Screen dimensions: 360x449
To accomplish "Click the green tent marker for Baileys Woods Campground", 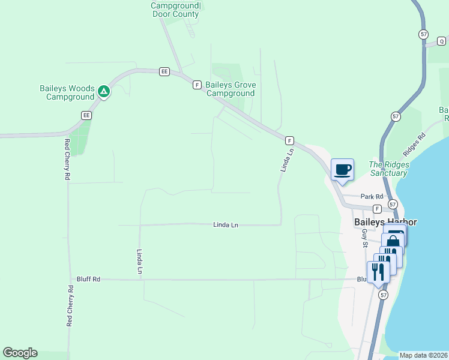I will coord(104,92).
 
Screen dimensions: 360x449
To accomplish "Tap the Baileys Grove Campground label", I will coord(231,89).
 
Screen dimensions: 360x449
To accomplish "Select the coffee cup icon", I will coord(342,169).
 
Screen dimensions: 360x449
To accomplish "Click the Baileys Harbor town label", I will coord(385,222).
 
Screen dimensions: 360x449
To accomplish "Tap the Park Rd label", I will coord(372,196).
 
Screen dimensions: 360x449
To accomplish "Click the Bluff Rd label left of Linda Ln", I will coord(88,279).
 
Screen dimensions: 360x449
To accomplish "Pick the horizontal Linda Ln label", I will coord(226,225).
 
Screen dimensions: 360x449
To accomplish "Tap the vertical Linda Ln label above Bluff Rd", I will coord(139,262).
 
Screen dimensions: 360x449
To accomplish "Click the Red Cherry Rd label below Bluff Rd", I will coord(70,306).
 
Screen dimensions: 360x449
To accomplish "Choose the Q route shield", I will coord(442,41).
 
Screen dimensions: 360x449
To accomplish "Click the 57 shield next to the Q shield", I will coord(424,35).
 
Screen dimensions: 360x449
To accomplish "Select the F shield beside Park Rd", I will coord(377,209).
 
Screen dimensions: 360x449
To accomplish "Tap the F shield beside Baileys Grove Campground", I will coord(197,85).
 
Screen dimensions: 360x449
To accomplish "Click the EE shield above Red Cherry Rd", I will coord(86,115).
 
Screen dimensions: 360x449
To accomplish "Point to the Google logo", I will coord(20,353).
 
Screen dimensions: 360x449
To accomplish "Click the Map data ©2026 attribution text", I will coord(423,355).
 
